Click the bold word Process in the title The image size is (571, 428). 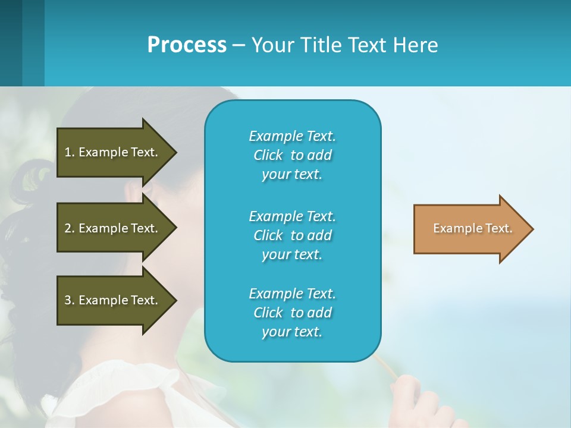(x=187, y=45)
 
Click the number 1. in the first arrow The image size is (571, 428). (x=70, y=152)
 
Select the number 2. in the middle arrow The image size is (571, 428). (x=70, y=228)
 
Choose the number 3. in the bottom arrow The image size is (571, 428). (x=70, y=300)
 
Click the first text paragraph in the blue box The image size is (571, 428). (x=292, y=155)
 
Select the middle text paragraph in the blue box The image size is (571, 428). (x=292, y=235)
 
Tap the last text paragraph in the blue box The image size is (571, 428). (x=292, y=313)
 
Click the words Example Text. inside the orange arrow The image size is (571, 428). (x=472, y=228)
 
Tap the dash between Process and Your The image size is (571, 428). (x=239, y=45)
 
